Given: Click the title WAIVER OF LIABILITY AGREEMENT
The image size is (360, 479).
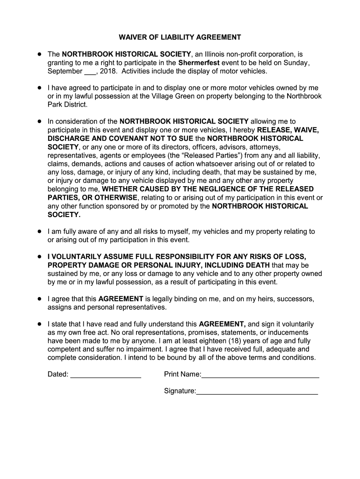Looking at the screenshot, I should click(x=180, y=37).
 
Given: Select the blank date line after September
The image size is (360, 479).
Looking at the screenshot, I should click(x=90, y=72).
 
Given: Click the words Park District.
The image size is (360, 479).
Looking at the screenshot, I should click(x=68, y=105).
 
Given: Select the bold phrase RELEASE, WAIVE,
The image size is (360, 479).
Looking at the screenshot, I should click(x=288, y=130).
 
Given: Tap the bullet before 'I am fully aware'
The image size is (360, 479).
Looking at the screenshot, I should click(x=39, y=232).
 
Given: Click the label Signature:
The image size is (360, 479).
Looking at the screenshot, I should click(x=180, y=391).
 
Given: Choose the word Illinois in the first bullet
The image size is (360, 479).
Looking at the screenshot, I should click(x=217, y=54).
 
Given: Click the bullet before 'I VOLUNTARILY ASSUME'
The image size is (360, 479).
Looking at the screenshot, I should click(x=39, y=257).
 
